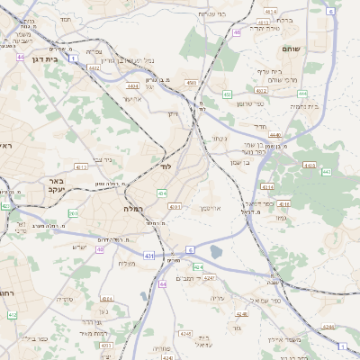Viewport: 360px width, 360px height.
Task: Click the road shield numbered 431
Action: click(148, 256)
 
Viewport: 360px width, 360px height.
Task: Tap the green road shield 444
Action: click(302, 93)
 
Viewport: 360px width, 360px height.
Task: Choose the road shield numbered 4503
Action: click(191, 84)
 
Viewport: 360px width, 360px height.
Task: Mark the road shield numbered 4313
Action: click(81, 166)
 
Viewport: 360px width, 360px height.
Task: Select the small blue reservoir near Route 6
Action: click(215, 255)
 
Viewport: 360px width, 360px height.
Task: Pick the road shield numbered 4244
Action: click(328, 326)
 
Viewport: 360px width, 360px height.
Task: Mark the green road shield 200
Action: click(73, 213)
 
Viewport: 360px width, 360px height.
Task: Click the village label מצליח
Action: click(127, 263)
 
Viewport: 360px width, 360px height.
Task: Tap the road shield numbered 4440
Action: click(274, 135)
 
